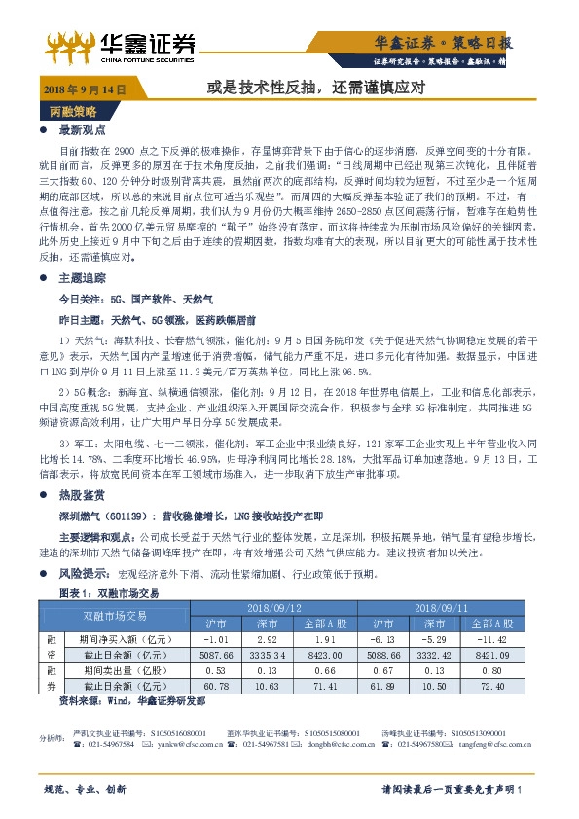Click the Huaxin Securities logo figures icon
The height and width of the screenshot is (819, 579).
click(70, 44)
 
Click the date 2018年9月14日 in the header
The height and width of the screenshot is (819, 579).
click(86, 89)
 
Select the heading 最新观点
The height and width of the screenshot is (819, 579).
click(83, 129)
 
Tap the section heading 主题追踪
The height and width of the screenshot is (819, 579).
click(83, 277)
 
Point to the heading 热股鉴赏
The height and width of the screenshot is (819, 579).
click(83, 494)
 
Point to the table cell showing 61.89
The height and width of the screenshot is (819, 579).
click(395, 686)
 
